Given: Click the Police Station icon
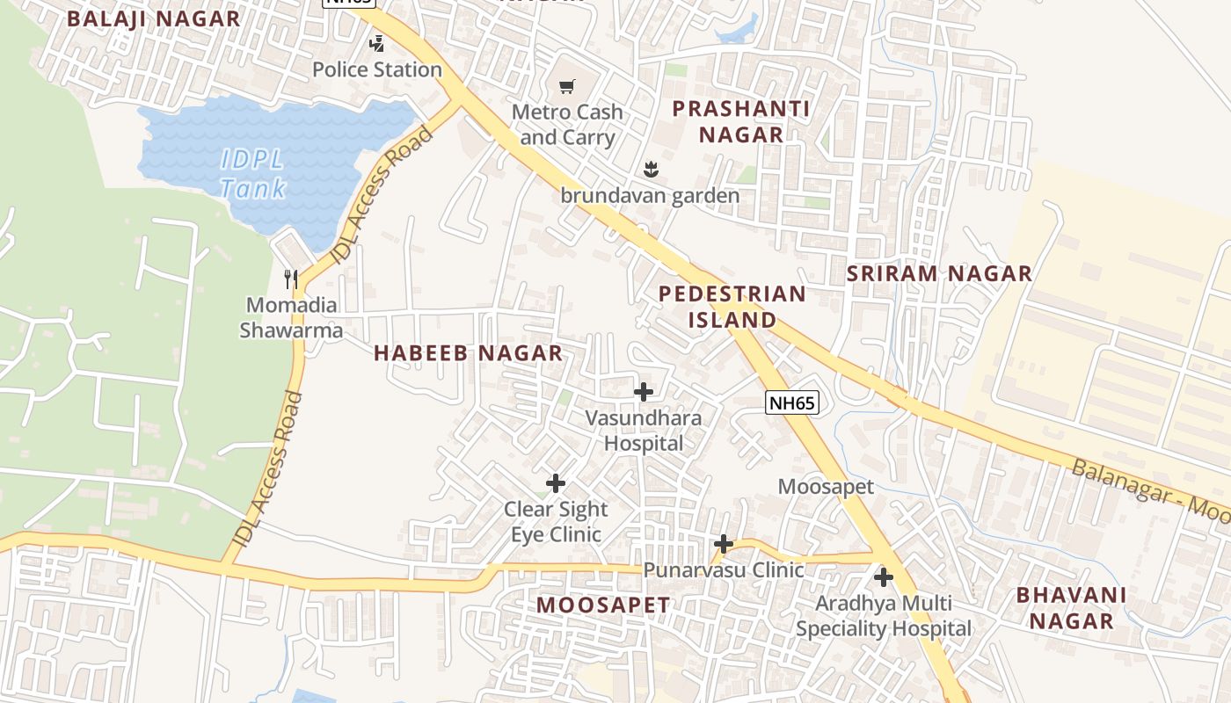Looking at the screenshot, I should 376,43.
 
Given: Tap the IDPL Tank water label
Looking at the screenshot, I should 253,174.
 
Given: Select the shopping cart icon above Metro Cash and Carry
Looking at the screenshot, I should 567,86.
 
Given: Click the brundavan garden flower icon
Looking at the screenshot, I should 651,168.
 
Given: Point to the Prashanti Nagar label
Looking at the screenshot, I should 728,121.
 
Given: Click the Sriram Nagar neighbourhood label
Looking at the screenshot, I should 939,273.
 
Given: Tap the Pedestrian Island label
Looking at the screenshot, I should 732,307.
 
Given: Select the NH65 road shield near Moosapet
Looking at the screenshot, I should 791,403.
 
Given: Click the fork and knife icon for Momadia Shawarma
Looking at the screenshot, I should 291,279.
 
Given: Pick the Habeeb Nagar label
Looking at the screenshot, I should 468,353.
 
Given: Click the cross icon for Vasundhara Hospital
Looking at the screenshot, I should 644,392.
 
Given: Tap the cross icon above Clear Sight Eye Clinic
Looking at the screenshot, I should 556,483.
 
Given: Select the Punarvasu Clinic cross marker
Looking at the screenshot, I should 723,544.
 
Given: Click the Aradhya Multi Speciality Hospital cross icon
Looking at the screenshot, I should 884,577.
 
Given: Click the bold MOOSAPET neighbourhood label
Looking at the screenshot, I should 603,605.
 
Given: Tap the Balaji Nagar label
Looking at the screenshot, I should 153,18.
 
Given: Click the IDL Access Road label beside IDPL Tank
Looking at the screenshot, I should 383,195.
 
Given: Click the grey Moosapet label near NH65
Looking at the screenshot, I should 826,486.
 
